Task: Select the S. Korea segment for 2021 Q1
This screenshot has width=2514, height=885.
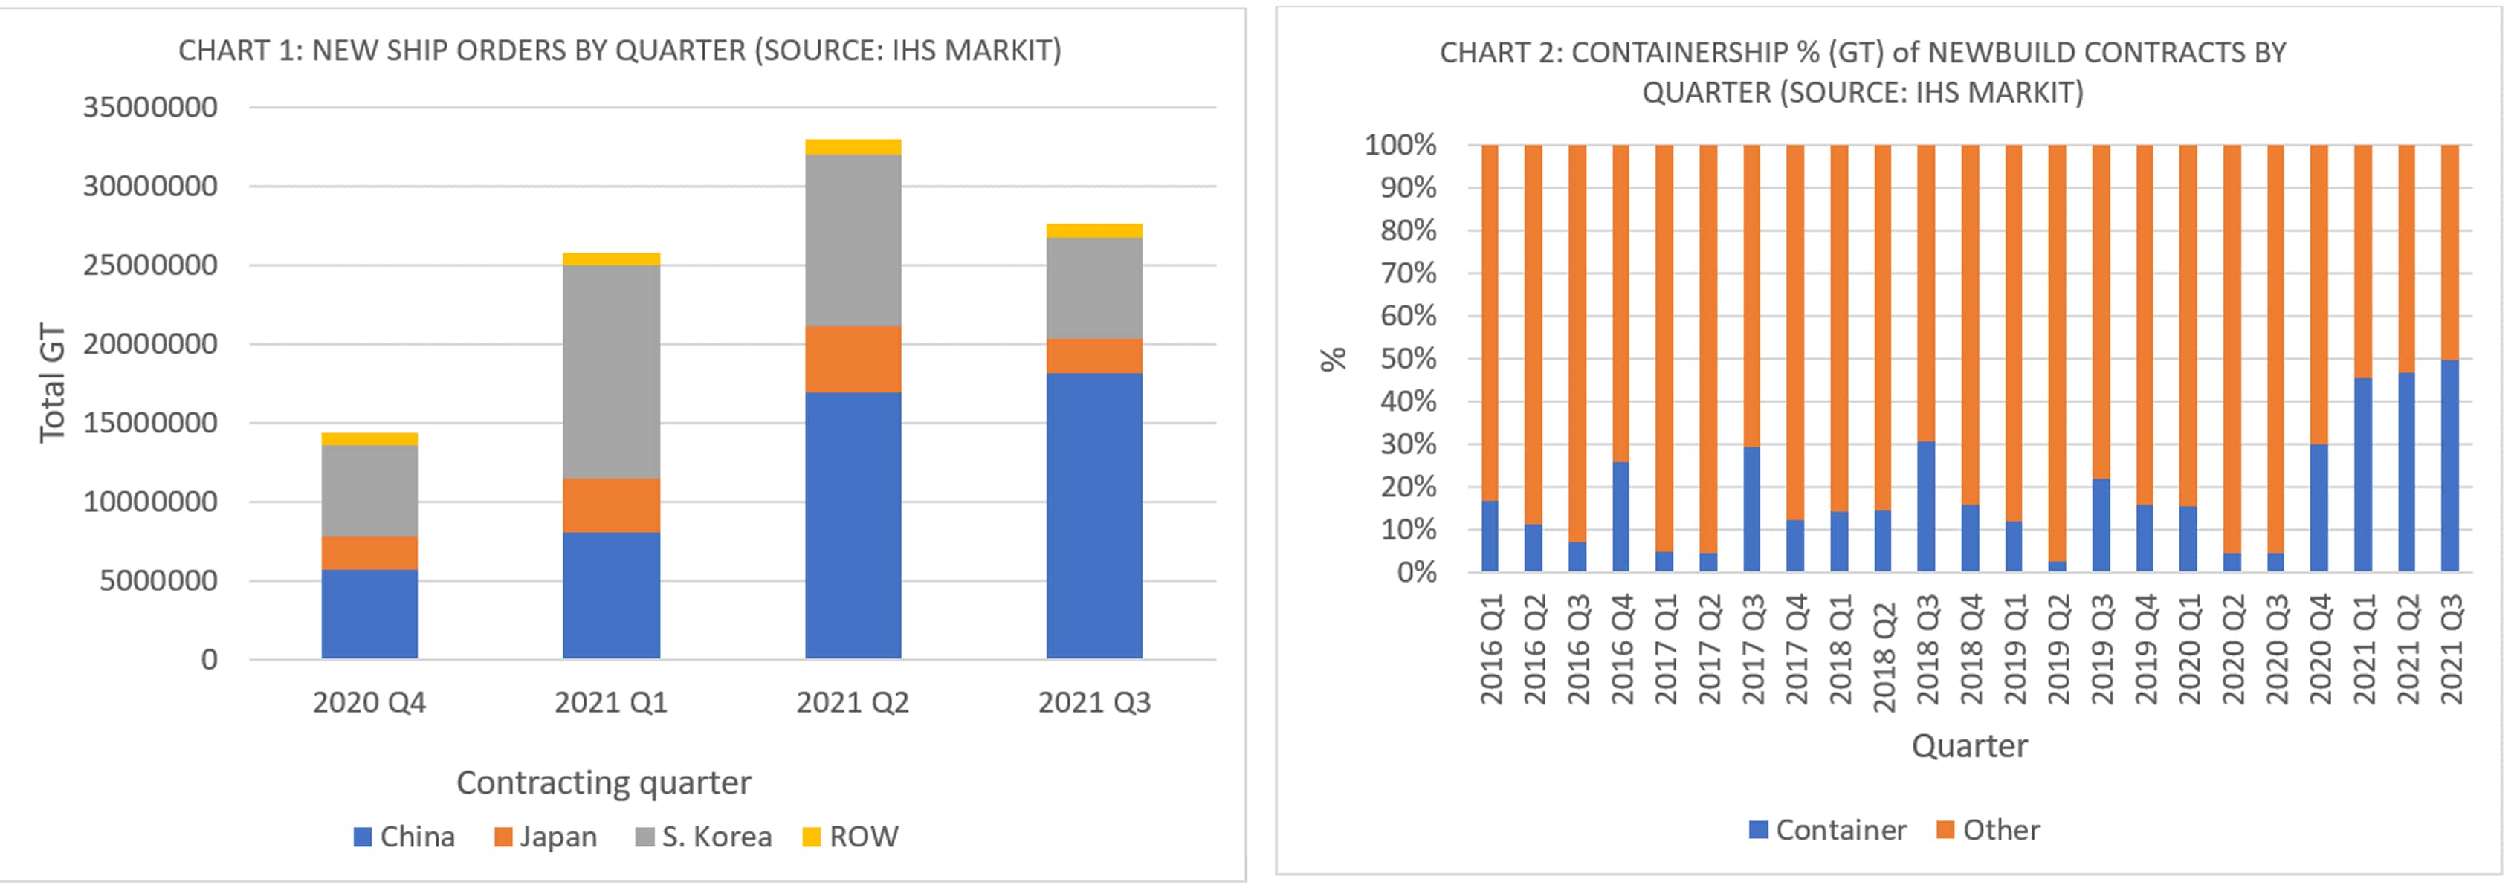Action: (611, 371)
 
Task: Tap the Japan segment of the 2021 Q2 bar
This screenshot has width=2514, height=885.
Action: (853, 359)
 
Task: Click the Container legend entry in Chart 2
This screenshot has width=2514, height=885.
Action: (1827, 829)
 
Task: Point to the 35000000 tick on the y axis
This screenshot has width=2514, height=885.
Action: (150, 107)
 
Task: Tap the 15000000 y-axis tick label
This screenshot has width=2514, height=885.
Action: (150, 423)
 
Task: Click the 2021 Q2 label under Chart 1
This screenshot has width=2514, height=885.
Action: (852, 702)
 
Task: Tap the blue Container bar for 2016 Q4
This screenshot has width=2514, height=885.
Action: (1621, 516)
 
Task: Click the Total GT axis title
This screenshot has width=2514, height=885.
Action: (53, 383)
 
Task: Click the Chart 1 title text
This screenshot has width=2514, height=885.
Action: (620, 51)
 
